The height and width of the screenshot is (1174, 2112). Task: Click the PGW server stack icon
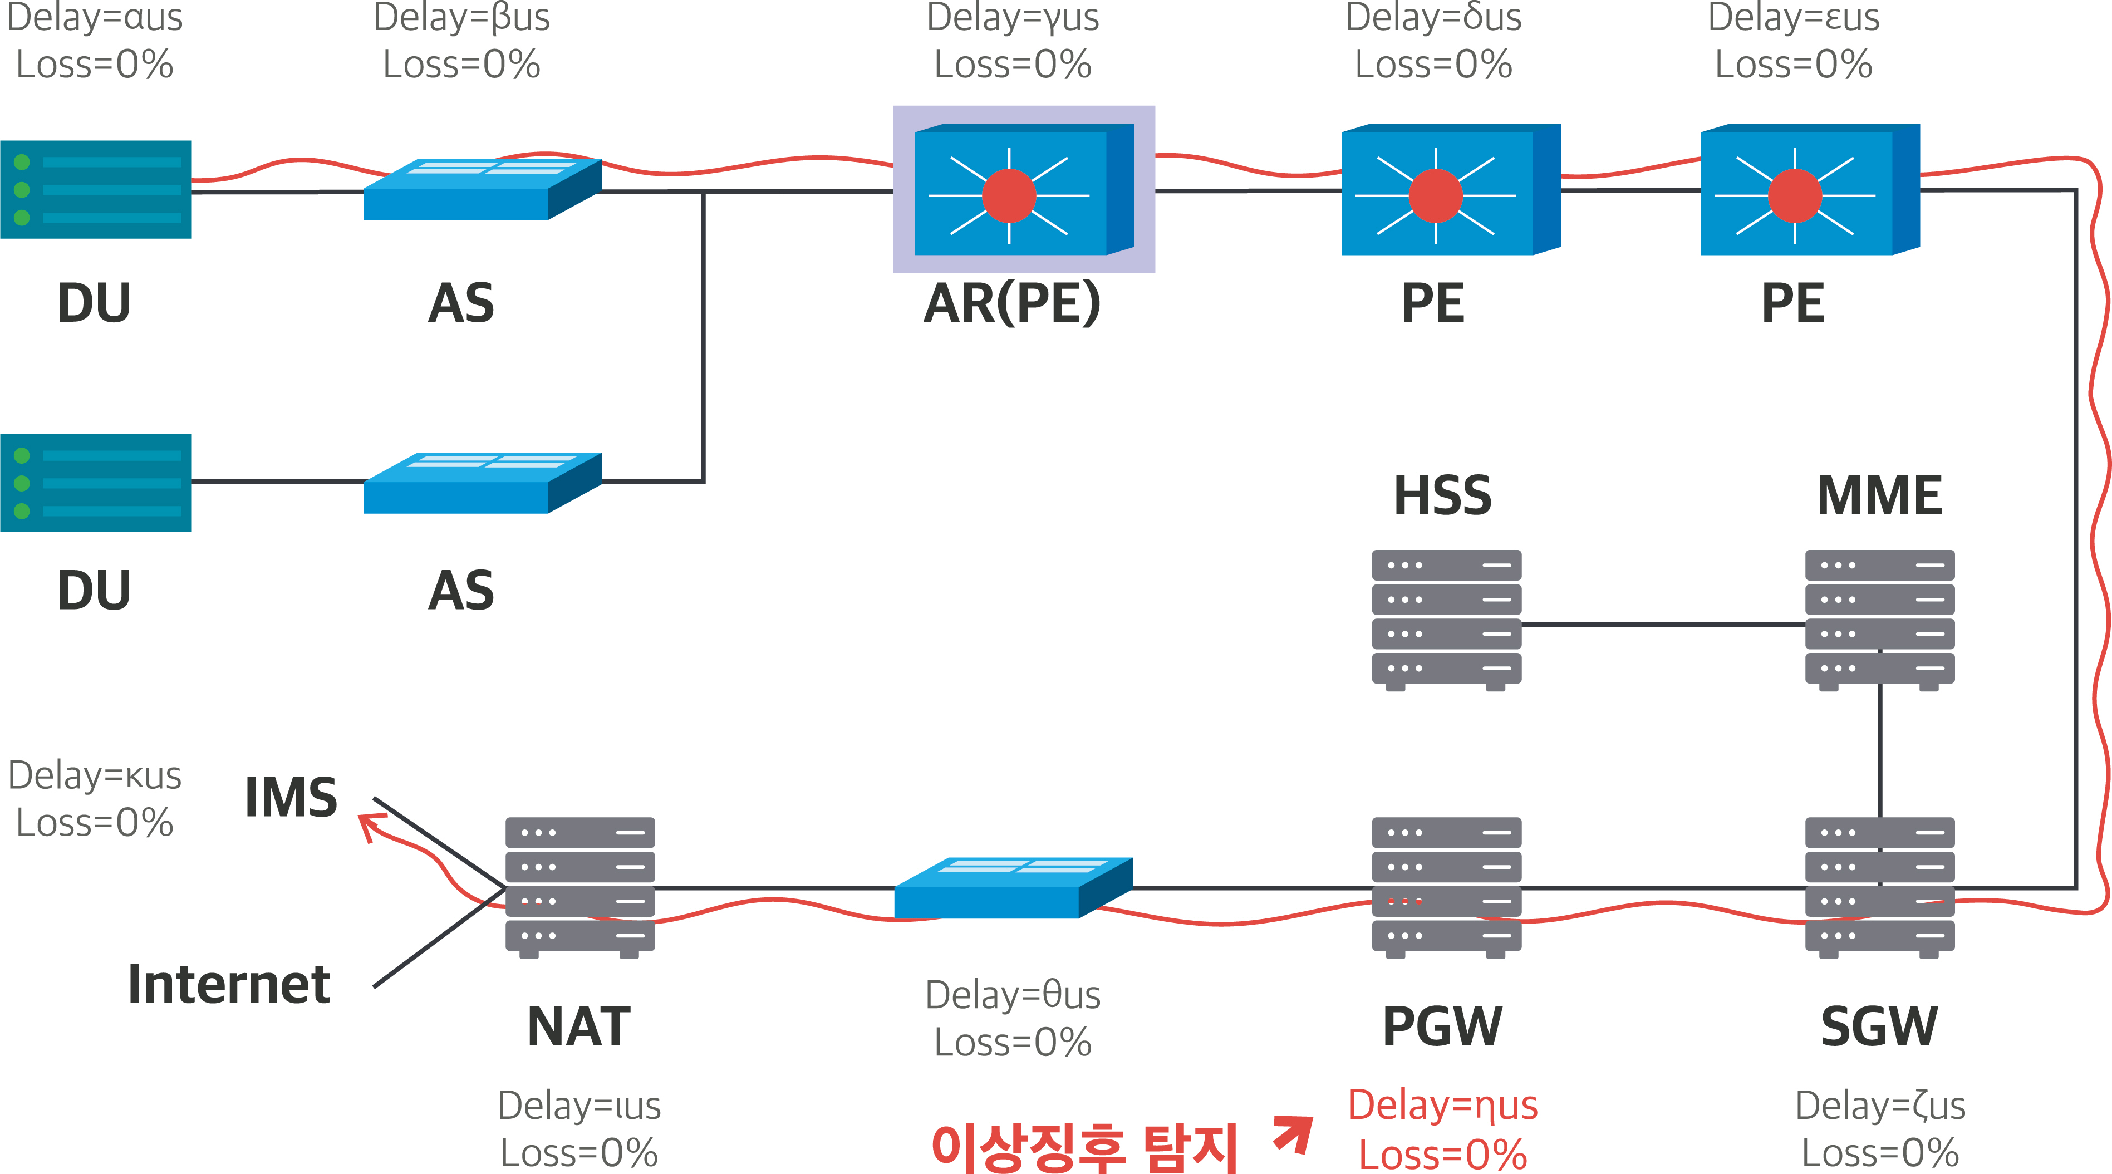tap(1446, 886)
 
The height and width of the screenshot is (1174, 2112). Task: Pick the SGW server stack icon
tap(1879, 886)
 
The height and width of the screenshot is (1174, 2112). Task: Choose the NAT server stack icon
tap(579, 886)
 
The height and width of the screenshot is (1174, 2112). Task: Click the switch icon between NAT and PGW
tap(1013, 888)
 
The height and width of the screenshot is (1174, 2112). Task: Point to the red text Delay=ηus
tap(1443, 1104)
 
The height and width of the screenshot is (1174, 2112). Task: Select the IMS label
tap(291, 797)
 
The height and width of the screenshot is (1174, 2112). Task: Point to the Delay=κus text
tap(94, 775)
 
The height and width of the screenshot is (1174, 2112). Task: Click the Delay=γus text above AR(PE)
tap(1013, 18)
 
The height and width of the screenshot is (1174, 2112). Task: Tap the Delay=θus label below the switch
tap(1013, 994)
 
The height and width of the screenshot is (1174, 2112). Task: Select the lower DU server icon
tap(96, 483)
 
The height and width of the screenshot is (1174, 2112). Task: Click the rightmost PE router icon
tap(1810, 191)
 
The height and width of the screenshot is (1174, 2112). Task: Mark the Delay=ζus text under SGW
tap(1879, 1104)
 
